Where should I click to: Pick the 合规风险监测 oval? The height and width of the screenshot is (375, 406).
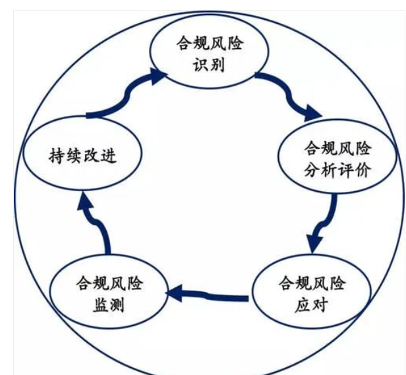pos(109,294)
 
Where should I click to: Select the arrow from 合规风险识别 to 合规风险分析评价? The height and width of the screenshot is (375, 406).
pos(289,96)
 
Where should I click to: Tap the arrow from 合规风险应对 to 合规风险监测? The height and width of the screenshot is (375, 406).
pos(207,294)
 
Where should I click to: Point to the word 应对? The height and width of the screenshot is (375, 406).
pos(309,305)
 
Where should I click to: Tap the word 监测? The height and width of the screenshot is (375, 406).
pos(109,305)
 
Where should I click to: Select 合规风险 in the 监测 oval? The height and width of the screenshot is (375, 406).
pos(109,284)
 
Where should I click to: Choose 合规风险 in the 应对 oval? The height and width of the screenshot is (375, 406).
pos(312,284)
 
